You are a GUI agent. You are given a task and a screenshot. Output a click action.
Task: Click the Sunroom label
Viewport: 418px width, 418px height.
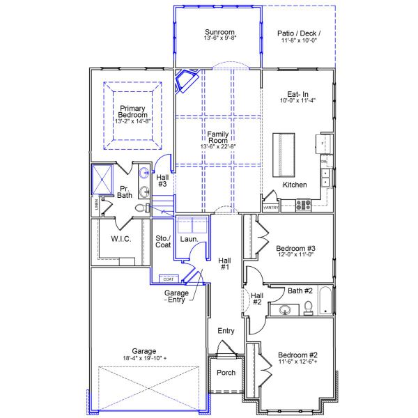(x=219, y=32)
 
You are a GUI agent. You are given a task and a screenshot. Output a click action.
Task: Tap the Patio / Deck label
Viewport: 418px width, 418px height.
(x=298, y=32)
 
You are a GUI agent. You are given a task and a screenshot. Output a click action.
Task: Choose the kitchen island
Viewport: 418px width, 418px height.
(x=284, y=153)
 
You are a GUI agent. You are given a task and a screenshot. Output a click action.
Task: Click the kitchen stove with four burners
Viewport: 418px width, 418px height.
(x=304, y=205)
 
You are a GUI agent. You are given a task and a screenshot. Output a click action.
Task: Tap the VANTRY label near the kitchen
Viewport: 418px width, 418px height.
(x=271, y=208)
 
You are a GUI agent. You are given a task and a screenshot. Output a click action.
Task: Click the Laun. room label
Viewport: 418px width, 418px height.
(x=189, y=240)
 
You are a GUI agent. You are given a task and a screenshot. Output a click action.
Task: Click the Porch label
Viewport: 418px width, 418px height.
(x=225, y=373)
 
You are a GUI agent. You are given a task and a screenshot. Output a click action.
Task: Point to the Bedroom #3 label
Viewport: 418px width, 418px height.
(x=296, y=249)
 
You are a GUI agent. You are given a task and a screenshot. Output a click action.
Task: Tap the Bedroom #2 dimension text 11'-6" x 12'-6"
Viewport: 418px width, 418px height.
(x=297, y=361)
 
